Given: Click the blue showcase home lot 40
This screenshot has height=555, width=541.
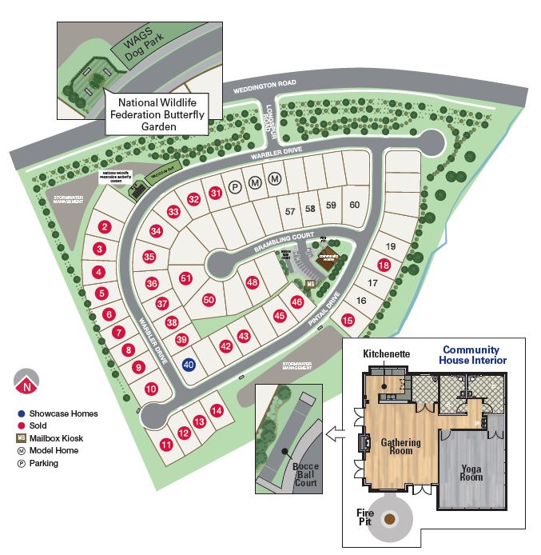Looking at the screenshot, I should (189, 365).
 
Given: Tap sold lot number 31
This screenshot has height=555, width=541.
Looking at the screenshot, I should (216, 193).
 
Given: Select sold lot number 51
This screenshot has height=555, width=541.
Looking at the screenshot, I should (186, 278).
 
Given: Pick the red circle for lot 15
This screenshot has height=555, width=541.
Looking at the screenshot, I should (348, 320).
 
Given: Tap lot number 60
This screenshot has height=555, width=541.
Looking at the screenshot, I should (355, 205).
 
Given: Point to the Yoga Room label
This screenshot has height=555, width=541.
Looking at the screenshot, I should (471, 471).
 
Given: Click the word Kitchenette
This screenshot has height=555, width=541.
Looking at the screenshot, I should (387, 353).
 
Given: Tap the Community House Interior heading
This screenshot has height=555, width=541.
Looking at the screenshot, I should (471, 355).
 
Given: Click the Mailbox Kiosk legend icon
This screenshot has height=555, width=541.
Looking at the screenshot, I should (21, 438).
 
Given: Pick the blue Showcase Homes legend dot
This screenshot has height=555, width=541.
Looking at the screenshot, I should (21, 413).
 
